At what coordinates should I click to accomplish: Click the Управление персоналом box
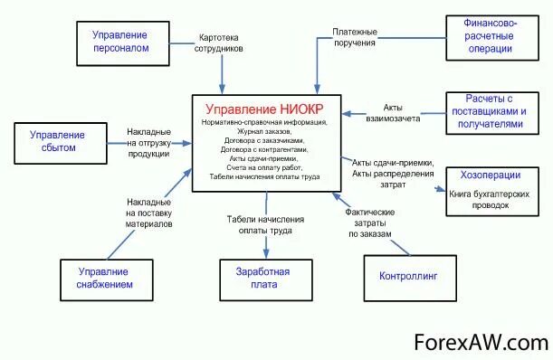coord(121,41)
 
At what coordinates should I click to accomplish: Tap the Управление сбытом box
coord(52,141)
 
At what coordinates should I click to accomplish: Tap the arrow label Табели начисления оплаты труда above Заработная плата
coord(264,224)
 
